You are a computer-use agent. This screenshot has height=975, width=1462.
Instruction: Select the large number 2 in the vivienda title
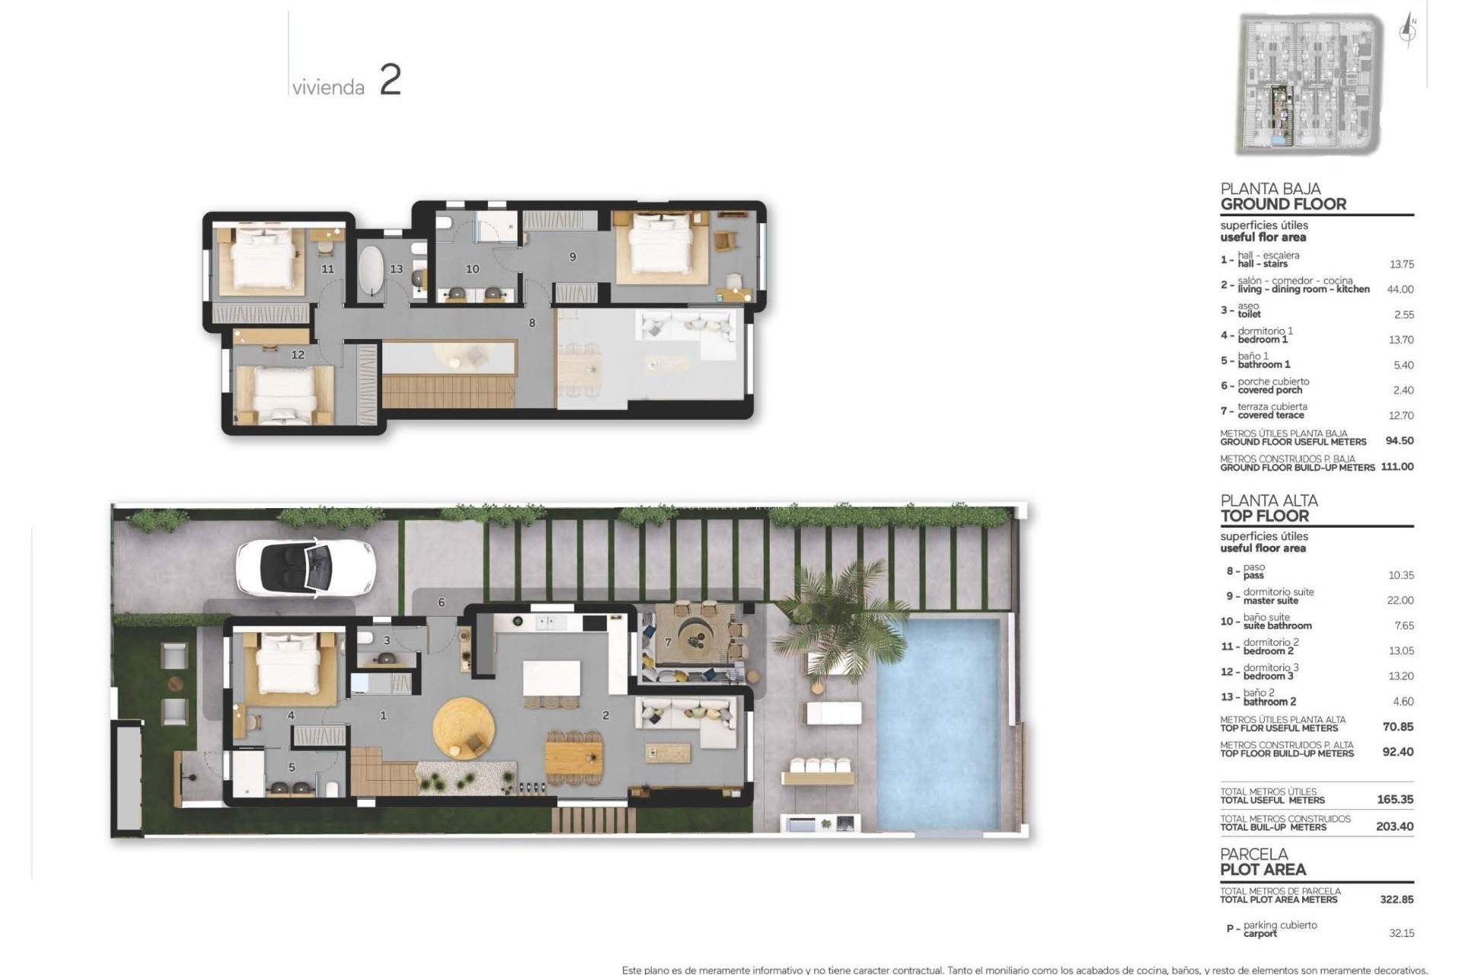click(x=390, y=81)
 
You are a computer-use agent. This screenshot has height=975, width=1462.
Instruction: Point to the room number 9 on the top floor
click(x=573, y=257)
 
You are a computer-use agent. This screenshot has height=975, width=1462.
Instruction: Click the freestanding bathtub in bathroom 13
click(x=372, y=270)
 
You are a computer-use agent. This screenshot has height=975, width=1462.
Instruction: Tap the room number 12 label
click(x=298, y=355)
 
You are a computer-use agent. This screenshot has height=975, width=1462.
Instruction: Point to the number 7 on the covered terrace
click(x=668, y=643)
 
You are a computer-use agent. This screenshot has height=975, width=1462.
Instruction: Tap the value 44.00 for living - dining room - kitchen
click(x=1400, y=289)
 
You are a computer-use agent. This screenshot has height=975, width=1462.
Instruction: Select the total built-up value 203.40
click(x=1394, y=826)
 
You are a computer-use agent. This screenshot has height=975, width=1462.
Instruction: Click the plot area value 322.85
click(x=1397, y=900)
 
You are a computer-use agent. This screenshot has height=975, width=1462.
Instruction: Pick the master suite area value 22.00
click(x=1400, y=600)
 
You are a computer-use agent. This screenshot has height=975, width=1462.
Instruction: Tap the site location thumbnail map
click(x=1307, y=85)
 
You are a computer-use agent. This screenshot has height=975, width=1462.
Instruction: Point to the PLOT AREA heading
click(x=1262, y=870)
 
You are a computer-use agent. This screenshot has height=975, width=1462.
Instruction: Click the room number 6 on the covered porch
click(x=441, y=603)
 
